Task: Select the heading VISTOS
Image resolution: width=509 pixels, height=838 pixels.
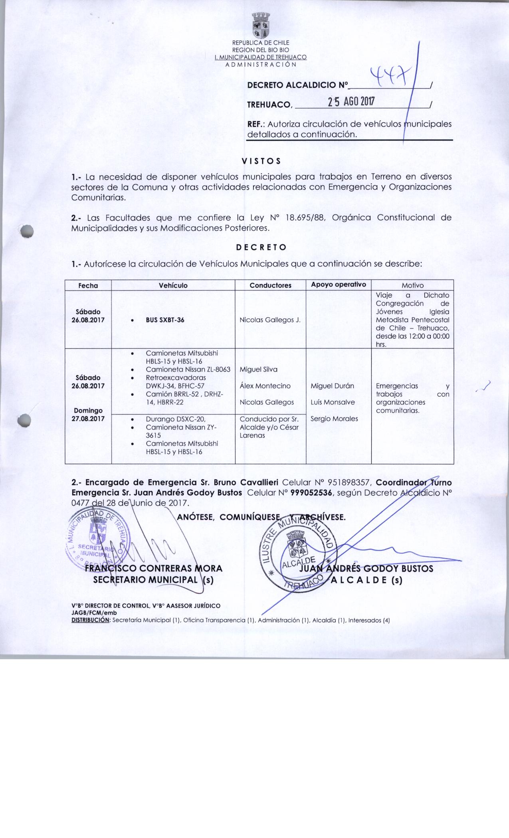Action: (261, 161)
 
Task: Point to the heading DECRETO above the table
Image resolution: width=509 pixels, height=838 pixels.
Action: (261, 247)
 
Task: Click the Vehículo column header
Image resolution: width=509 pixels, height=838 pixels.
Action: (173, 285)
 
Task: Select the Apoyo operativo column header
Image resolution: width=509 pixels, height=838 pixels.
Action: (339, 285)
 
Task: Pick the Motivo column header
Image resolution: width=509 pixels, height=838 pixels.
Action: (413, 285)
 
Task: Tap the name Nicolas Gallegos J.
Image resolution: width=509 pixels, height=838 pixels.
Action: (270, 320)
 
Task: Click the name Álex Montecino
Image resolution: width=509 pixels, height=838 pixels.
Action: (265, 386)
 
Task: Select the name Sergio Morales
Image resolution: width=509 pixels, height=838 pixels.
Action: (334, 419)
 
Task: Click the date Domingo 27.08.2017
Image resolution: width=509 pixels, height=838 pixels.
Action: (88, 415)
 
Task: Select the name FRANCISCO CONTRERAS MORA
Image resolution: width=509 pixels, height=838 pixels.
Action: (154, 568)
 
